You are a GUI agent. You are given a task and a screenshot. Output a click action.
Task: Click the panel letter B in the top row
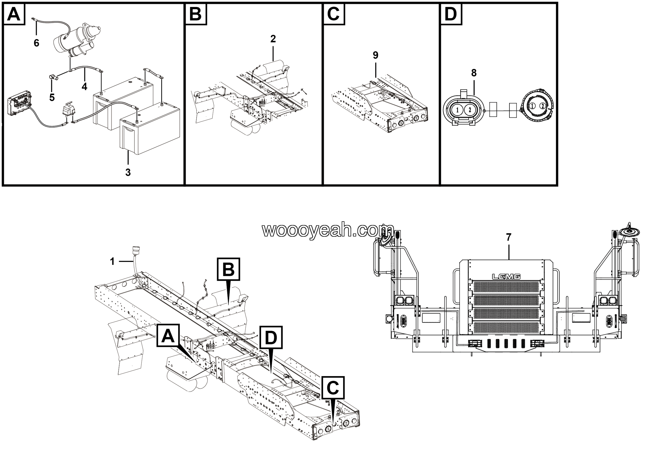point(196,14)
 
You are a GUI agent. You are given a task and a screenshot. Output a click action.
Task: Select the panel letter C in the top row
point(334,14)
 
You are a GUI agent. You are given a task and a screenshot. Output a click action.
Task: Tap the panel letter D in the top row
point(451,14)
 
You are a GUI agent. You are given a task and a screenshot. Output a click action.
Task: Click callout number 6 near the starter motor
point(36,43)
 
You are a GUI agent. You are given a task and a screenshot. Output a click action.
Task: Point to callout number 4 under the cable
point(84,87)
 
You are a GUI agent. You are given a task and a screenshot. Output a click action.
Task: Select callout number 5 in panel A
point(52,97)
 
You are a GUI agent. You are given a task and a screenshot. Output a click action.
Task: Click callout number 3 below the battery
point(128,172)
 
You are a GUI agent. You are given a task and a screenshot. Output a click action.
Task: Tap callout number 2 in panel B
point(273,39)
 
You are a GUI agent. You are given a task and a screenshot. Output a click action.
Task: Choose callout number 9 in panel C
point(375,55)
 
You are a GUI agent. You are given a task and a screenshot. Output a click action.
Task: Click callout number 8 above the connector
point(474,73)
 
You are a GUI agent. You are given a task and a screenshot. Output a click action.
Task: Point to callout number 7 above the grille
point(508,237)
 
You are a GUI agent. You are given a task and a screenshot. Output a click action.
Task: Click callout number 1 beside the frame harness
point(112,261)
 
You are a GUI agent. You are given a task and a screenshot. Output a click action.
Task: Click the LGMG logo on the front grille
point(506,276)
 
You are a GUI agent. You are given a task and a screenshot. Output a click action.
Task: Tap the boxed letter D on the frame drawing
point(271,338)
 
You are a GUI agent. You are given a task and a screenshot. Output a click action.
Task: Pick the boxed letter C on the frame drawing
point(333,388)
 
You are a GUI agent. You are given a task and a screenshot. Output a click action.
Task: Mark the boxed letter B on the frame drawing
point(228,269)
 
